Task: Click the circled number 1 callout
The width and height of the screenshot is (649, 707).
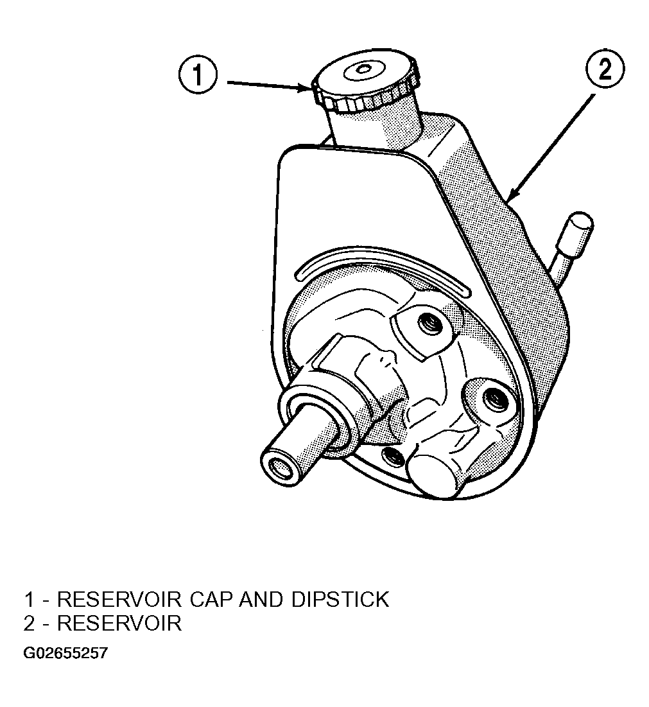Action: (198, 74)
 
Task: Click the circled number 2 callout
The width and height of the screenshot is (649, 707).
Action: (605, 69)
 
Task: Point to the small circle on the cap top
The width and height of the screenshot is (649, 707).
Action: (362, 69)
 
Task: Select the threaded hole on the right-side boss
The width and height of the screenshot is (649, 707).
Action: (496, 399)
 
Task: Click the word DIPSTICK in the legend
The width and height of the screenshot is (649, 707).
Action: (340, 599)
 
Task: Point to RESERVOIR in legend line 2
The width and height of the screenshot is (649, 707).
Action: (119, 623)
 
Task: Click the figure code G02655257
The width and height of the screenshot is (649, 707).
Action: (66, 653)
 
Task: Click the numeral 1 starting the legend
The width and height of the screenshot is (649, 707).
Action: (30, 599)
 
